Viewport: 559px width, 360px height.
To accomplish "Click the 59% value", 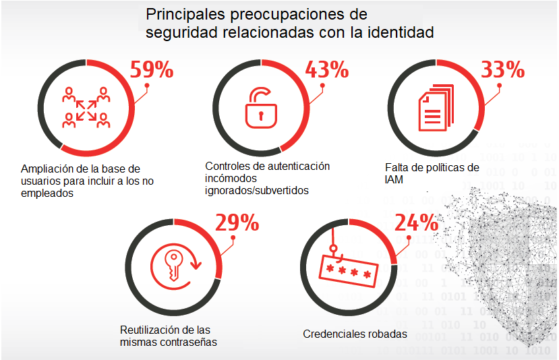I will click(152, 70).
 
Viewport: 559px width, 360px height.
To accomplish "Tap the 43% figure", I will click(327, 69).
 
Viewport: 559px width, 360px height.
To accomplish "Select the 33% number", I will click(502, 69).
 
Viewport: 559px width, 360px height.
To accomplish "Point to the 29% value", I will click(237, 224).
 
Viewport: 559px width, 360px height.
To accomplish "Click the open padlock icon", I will click(260, 107).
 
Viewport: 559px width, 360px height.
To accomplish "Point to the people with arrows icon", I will click(86, 107).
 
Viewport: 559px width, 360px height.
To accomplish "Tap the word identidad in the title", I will click(402, 32).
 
